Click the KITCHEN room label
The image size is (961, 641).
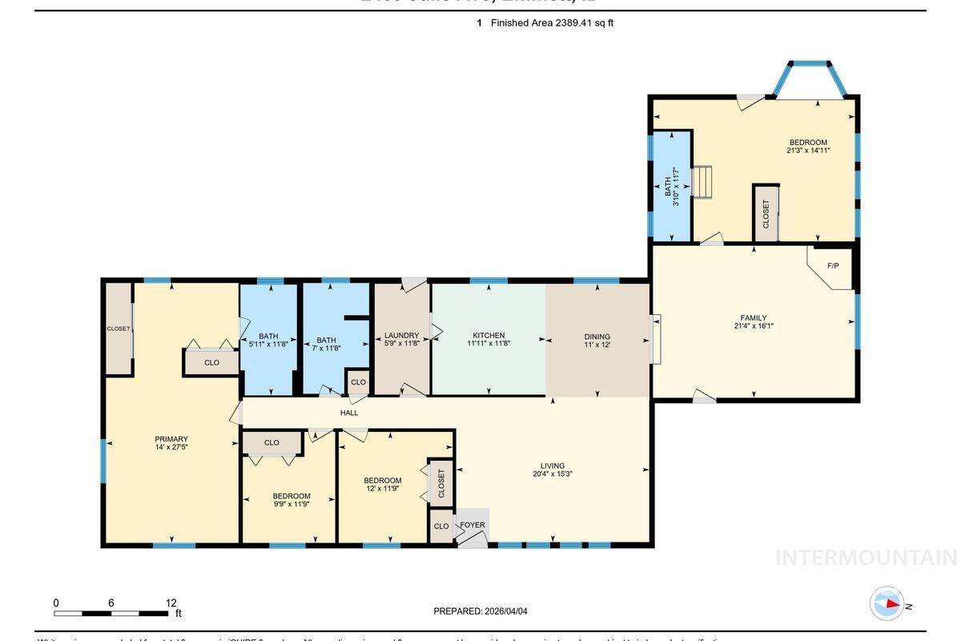tap(489, 336)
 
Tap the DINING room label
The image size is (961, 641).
tap(597, 337)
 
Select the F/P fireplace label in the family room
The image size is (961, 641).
tap(833, 265)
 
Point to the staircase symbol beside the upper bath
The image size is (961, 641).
tap(702, 182)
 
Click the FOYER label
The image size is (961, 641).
tap(472, 526)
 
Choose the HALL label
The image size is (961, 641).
tap(349, 413)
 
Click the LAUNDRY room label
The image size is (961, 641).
tap(401, 336)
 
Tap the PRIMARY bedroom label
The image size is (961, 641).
tap(171, 439)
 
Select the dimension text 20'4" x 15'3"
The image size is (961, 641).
tap(553, 474)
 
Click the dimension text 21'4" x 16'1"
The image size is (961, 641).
tap(754, 326)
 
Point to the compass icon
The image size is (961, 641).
tap(887, 604)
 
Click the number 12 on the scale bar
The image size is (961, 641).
tap(171, 603)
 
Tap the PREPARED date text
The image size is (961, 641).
tap(480, 611)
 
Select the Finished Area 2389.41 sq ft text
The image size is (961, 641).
tap(552, 23)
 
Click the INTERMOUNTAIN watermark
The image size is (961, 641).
tap(866, 558)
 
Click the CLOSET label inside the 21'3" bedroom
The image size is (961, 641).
tap(766, 214)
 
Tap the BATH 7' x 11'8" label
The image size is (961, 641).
tap(327, 343)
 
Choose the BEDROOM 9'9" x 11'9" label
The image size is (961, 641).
tap(291, 500)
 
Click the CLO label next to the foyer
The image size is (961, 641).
tap(441, 526)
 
